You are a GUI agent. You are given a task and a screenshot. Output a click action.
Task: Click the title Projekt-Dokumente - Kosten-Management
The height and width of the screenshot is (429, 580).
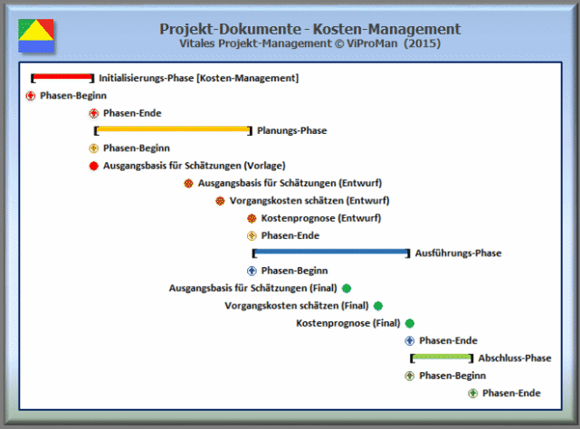click(x=309, y=29)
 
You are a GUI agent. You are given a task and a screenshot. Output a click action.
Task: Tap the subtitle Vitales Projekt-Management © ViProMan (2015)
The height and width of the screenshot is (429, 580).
click(x=309, y=43)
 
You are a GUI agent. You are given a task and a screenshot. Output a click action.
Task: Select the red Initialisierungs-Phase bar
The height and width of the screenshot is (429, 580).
click(x=62, y=78)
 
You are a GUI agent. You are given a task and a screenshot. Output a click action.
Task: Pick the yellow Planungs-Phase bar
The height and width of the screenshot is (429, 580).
click(x=172, y=130)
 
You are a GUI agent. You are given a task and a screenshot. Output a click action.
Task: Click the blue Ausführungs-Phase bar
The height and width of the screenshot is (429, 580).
click(x=330, y=253)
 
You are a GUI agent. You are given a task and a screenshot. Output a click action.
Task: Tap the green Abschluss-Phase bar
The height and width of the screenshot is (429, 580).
click(x=440, y=357)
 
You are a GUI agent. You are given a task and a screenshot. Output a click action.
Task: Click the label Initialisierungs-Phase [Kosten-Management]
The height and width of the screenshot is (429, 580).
click(x=198, y=79)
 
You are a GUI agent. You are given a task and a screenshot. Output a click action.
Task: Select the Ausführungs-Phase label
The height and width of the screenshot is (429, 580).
click(x=457, y=253)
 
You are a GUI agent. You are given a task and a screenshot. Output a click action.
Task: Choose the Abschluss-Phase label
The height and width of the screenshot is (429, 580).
click(x=514, y=358)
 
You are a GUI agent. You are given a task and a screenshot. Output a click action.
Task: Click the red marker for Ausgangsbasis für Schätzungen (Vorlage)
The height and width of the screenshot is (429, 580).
click(x=93, y=166)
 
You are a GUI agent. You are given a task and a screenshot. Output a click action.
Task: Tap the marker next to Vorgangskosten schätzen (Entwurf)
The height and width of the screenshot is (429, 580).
click(x=220, y=201)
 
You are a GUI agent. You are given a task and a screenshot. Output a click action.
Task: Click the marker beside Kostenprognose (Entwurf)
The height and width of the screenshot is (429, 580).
click(x=252, y=218)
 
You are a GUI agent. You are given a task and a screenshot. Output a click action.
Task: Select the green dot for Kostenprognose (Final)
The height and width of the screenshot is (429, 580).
click(x=409, y=323)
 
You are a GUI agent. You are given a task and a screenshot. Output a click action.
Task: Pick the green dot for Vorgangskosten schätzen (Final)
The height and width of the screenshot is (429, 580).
click(x=377, y=306)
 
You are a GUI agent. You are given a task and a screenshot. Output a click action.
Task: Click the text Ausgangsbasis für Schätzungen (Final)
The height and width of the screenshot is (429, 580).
click(x=254, y=289)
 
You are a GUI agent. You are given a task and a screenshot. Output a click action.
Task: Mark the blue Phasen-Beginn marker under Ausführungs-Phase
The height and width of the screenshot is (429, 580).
click(x=252, y=271)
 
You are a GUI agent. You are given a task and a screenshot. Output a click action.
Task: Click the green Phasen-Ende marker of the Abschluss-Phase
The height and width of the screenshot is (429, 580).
click(x=472, y=393)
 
